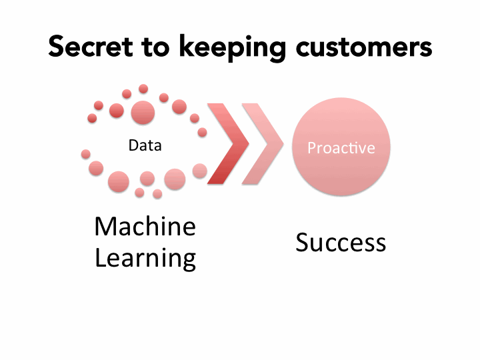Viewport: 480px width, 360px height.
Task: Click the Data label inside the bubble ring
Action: pos(145,145)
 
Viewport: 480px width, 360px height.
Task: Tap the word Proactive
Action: pos(341,147)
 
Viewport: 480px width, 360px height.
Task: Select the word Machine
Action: pos(145,227)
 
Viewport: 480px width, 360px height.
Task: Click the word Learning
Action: pos(145,257)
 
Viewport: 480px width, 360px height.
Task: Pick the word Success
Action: pos(341,242)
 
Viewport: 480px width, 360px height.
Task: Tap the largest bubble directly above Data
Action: pos(143,113)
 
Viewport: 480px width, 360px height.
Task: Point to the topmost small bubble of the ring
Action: pos(143,89)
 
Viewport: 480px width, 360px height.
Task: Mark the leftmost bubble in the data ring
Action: pos(85,154)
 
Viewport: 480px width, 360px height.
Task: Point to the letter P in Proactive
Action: pos(311,147)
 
